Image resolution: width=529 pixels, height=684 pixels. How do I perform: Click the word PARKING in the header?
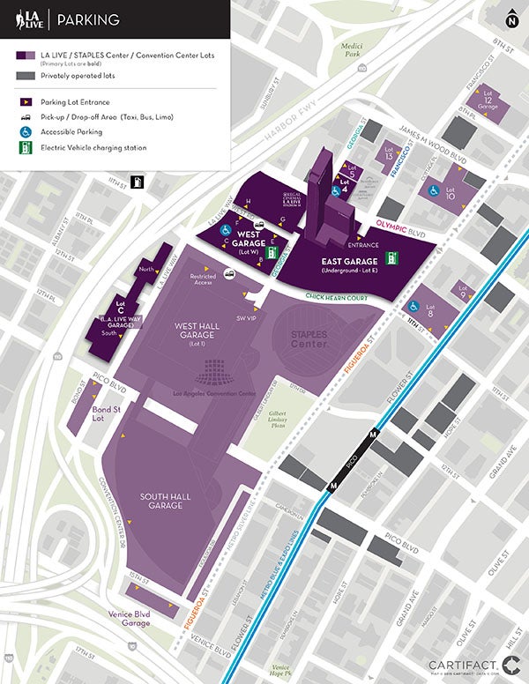89,19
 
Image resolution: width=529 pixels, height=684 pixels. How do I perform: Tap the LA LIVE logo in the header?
29,19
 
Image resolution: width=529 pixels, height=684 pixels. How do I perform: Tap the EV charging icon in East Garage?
397,259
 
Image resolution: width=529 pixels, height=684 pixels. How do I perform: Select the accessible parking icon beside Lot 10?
433,190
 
